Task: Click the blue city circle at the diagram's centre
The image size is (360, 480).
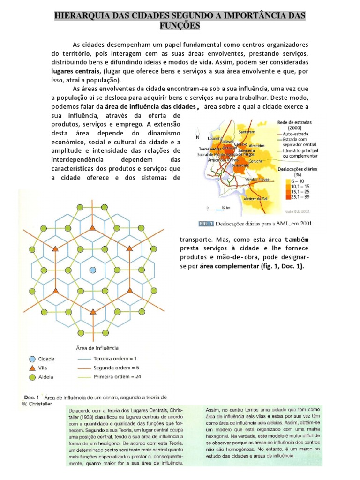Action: [92, 270]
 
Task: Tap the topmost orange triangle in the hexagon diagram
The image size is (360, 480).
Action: [92, 228]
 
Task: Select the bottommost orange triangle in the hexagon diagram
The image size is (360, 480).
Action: [92, 311]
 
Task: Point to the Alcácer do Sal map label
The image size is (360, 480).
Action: [256, 198]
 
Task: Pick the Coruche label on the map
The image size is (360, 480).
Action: [255, 161]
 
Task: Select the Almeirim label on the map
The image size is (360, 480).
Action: [257, 146]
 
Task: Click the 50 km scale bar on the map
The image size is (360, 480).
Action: [217, 209]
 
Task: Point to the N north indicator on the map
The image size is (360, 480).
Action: [198, 137]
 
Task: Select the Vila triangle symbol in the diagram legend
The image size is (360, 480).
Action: [32, 368]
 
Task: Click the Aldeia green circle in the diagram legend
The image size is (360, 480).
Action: [32, 377]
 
